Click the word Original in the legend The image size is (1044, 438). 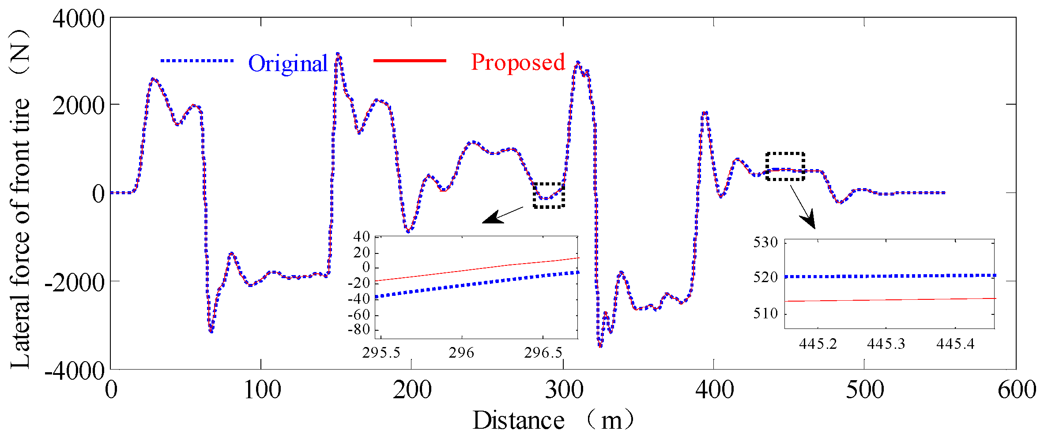(287, 64)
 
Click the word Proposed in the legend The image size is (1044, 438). (517, 62)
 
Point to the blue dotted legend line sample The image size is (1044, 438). (196, 60)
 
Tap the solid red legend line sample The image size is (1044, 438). (410, 60)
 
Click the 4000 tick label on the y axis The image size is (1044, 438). (78, 19)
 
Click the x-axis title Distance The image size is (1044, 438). (518, 420)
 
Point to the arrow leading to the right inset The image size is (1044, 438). (803, 207)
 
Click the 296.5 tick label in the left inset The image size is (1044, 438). (543, 353)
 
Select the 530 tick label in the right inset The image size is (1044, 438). (765, 242)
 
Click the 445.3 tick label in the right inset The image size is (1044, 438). (886, 344)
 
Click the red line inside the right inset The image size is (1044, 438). (889, 300)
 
